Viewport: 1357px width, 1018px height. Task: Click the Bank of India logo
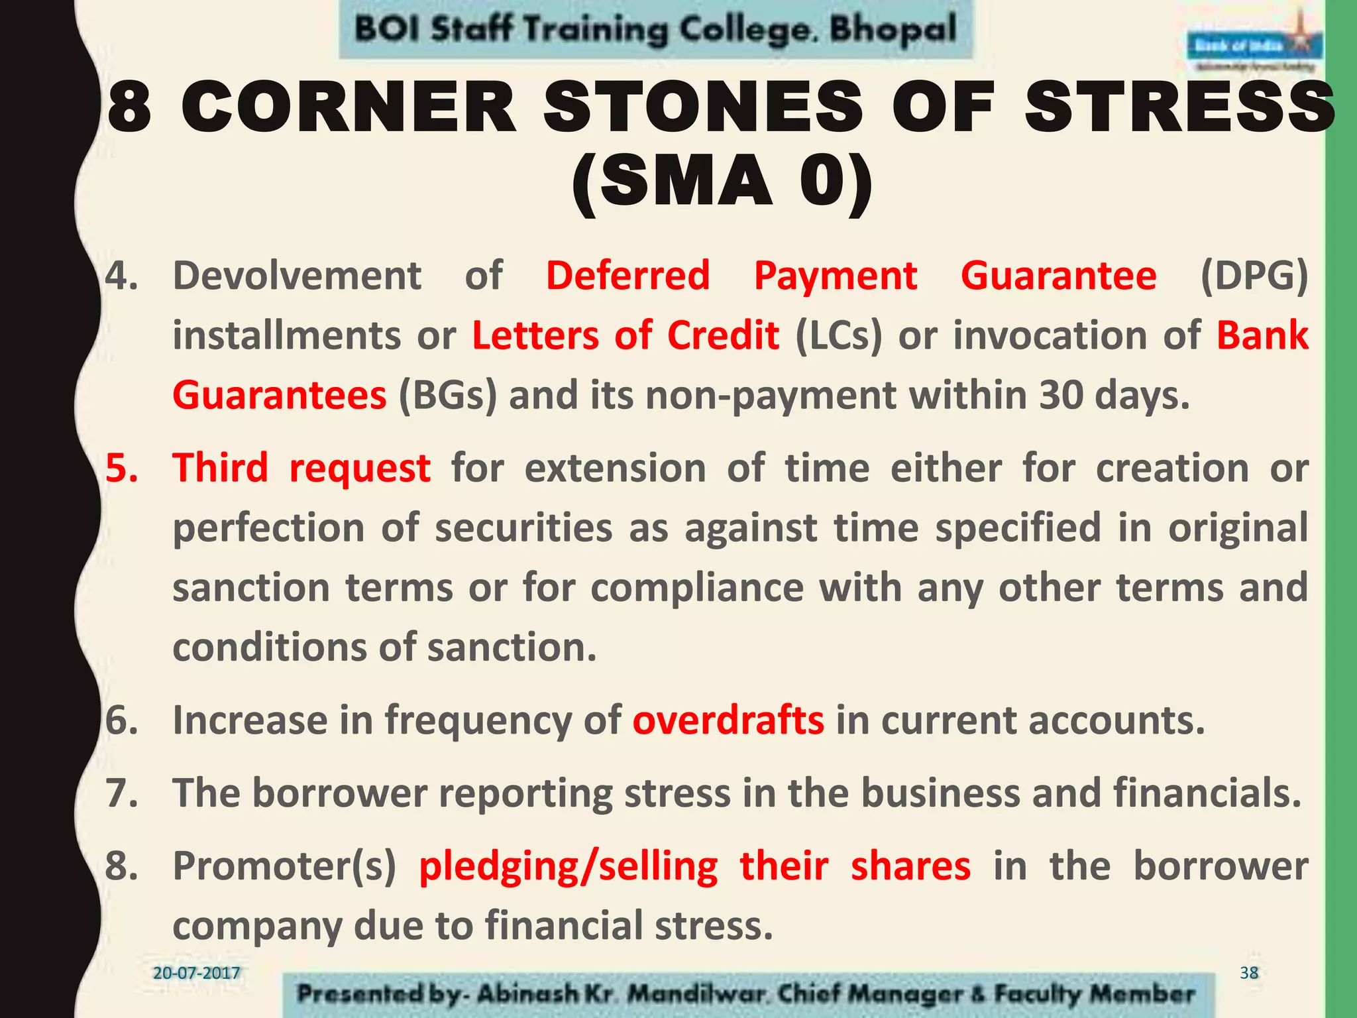(1254, 46)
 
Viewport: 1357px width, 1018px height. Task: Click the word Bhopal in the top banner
(893, 30)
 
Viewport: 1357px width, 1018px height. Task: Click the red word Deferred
(627, 276)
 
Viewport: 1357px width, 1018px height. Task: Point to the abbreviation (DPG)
(1254, 276)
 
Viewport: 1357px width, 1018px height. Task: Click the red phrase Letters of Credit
(625, 335)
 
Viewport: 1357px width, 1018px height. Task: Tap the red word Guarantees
(279, 396)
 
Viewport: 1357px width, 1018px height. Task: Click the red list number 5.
(122, 468)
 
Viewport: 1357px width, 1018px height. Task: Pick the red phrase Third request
(301, 468)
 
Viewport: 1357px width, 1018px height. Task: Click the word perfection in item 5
(268, 528)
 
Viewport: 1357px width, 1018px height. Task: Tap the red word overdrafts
(728, 720)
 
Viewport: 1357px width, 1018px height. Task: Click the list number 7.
(122, 793)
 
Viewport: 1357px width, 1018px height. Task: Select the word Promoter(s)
(284, 866)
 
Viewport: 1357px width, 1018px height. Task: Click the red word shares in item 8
(910, 866)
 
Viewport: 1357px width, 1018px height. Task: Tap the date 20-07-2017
(196, 973)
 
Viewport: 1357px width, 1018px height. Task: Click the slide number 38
(1249, 973)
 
